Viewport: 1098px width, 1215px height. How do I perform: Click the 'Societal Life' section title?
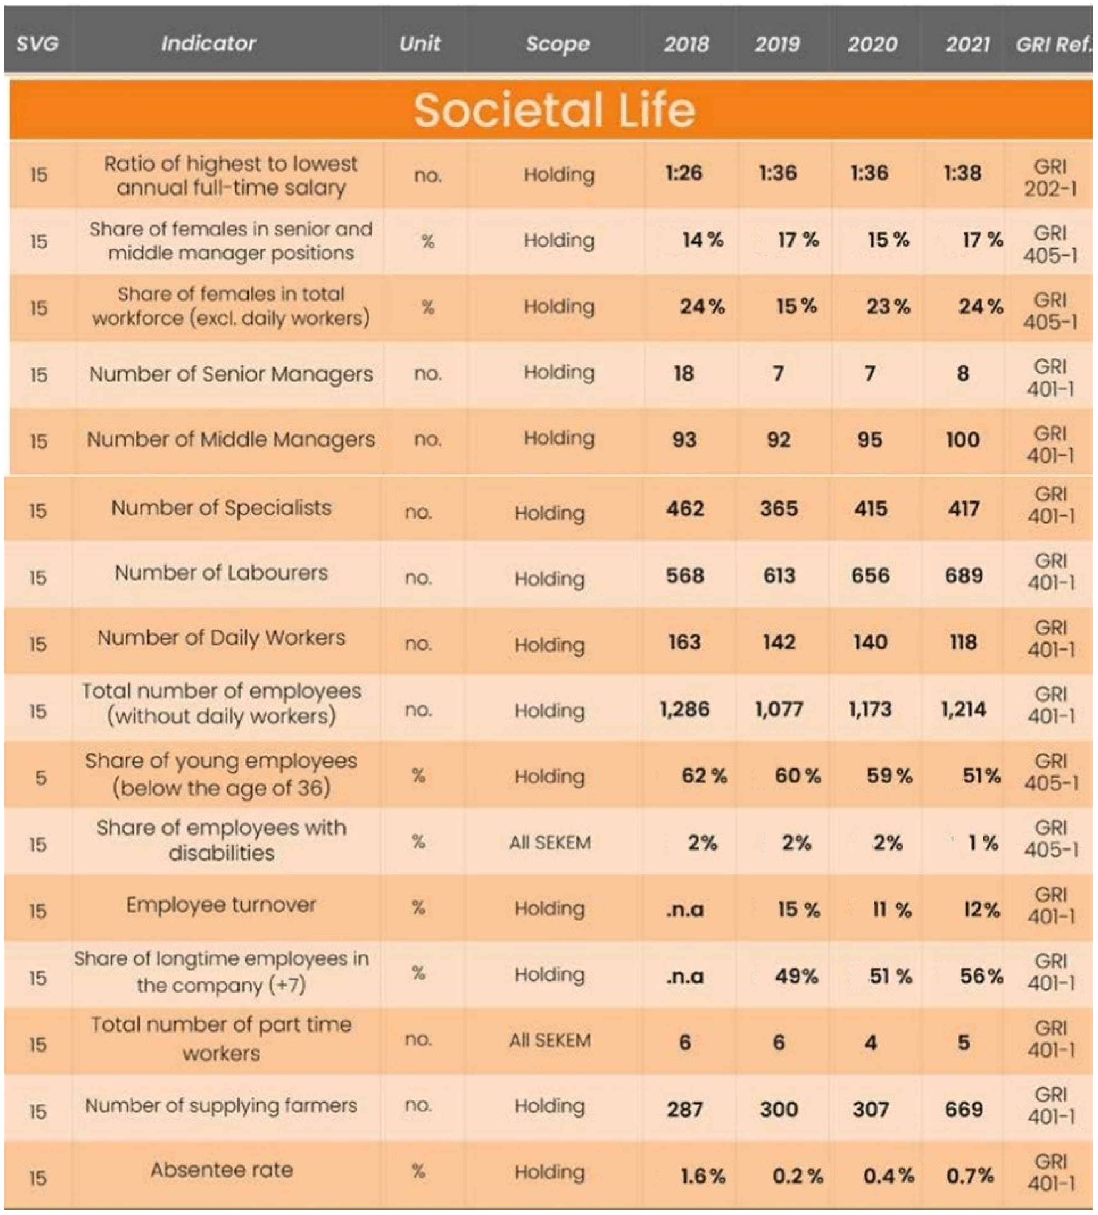554,110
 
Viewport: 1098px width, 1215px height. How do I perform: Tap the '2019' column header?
777,44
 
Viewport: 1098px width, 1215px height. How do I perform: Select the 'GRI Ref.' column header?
1052,44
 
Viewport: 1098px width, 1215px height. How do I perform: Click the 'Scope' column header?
557,44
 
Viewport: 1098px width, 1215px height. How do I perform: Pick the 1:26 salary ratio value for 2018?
684,174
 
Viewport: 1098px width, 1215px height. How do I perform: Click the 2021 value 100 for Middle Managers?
962,439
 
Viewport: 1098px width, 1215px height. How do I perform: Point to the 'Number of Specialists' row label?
221,508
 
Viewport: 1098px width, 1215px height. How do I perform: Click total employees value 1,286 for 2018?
685,709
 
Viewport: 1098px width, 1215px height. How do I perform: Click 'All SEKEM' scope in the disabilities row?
549,843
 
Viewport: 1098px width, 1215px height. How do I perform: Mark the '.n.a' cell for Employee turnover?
685,909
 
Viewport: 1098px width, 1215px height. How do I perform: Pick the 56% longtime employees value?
981,976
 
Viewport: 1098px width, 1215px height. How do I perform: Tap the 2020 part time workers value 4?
870,1043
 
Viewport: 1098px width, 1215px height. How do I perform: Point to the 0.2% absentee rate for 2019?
797,1175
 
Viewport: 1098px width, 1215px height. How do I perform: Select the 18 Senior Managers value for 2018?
684,374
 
